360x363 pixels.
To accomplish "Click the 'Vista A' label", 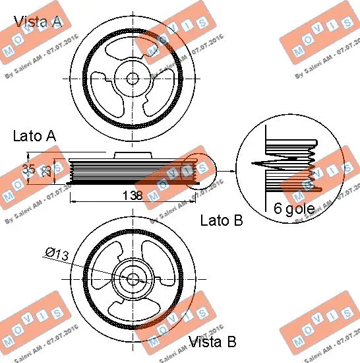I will tap(38, 22).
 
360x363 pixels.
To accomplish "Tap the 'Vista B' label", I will tap(212, 341).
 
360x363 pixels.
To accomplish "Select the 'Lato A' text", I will tap(34, 137).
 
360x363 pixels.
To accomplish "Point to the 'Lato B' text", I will tap(221, 220).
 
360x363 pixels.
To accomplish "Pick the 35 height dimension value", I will tap(28, 170).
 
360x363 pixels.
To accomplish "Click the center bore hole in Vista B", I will tap(132, 279).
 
